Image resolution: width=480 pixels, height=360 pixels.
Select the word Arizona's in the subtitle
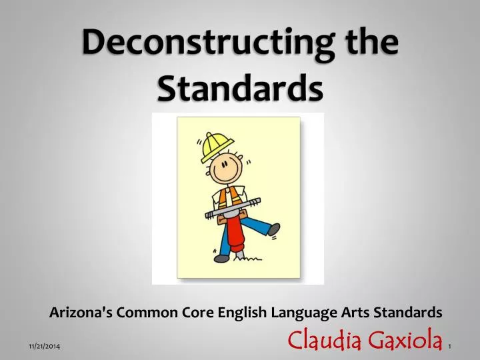pyautogui.click(x=80, y=311)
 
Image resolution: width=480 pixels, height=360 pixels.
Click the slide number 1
pyautogui.click(x=451, y=347)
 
